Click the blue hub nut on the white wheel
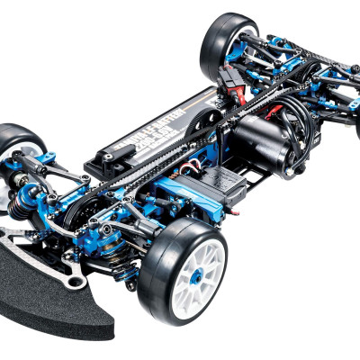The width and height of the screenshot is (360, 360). [x=191, y=280]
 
